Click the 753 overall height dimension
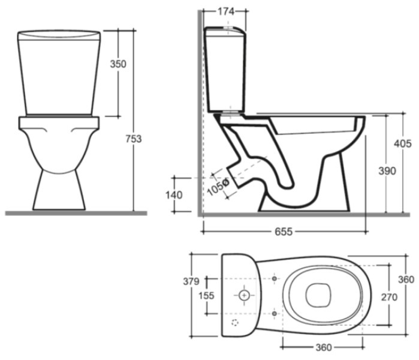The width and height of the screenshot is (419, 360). (134, 139)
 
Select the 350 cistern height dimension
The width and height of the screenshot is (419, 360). (118, 64)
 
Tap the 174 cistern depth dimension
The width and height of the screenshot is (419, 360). (226, 11)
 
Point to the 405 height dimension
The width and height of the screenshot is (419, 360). (403, 143)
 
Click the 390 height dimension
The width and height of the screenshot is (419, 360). (387, 170)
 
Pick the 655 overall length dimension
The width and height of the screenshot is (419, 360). (284, 232)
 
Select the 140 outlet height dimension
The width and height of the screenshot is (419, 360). (174, 195)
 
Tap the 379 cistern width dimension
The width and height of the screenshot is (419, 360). (191, 281)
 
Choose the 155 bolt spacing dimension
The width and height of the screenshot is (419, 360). (206, 296)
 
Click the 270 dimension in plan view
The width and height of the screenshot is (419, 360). (389, 297)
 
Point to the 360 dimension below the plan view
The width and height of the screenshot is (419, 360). (324, 347)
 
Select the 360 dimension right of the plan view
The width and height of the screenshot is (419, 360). (406, 280)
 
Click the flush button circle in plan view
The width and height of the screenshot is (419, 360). (244, 296)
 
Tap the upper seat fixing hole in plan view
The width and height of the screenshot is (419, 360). (274, 278)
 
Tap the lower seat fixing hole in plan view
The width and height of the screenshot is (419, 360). (274, 313)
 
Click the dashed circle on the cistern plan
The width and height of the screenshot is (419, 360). (235, 323)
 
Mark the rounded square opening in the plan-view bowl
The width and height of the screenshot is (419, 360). (318, 295)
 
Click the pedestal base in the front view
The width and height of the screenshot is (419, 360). (59, 190)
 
